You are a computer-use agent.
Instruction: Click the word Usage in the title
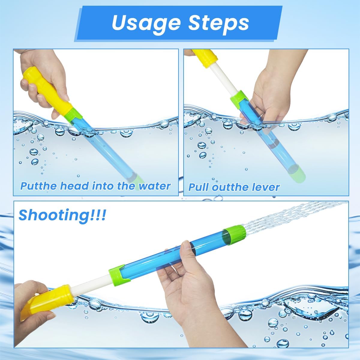tap(146, 23)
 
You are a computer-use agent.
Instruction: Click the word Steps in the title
tap(218, 23)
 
